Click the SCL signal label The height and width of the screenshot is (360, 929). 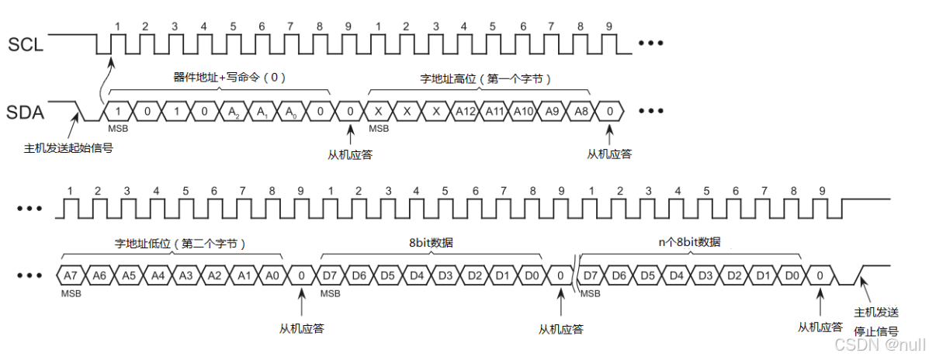26,44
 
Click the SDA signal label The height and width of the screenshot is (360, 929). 26,112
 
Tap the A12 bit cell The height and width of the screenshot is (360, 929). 464,112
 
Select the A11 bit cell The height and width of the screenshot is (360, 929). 494,112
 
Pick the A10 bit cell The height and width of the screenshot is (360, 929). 522,112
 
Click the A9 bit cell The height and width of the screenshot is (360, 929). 552,112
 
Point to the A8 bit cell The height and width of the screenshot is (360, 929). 581,112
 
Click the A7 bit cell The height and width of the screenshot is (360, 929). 70,275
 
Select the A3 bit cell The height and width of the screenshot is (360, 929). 185,275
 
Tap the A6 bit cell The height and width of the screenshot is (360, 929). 99,275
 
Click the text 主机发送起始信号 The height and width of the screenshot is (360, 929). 69,147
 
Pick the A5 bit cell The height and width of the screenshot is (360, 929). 128,275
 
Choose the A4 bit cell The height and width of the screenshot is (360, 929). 157,275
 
